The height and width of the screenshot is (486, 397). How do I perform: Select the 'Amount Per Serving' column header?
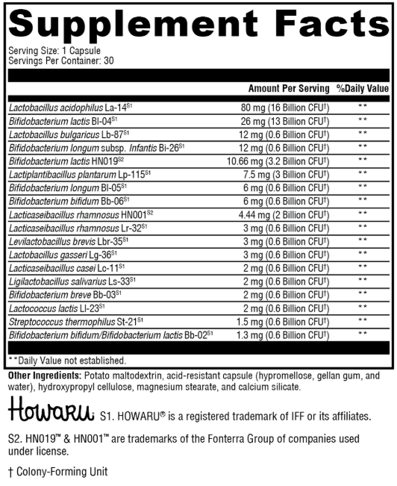click(289, 88)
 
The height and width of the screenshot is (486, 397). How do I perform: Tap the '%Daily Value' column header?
click(363, 88)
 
